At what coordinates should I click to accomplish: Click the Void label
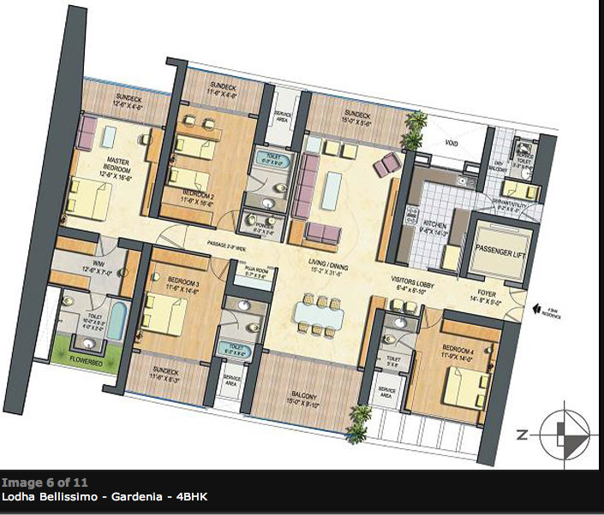[x=452, y=142]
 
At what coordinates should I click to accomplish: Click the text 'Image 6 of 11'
[x=44, y=482]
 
